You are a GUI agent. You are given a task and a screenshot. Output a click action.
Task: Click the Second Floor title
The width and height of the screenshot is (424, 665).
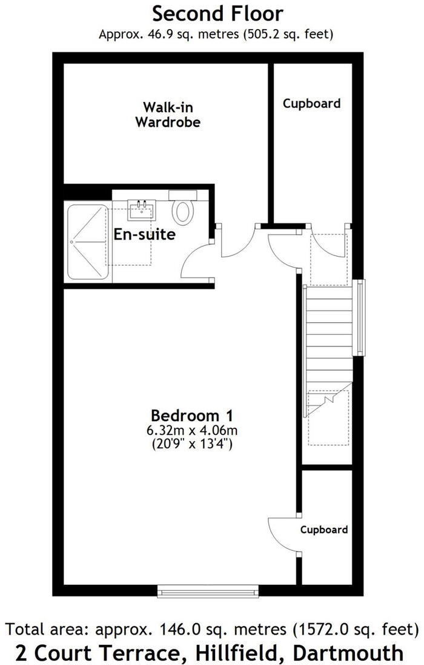[217, 13]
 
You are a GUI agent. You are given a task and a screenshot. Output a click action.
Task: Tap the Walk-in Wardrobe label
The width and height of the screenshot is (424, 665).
[168, 115]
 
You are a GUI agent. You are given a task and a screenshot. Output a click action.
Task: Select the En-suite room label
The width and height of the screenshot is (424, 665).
[145, 234]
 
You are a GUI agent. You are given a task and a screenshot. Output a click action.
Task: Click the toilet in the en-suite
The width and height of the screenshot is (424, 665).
[183, 212]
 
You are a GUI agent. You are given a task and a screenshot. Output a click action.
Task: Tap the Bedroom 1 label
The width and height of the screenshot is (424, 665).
[192, 416]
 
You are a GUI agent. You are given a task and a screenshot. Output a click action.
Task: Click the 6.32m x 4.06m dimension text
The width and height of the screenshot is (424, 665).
[191, 431]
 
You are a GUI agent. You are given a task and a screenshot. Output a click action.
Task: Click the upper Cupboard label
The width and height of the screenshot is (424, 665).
[311, 104]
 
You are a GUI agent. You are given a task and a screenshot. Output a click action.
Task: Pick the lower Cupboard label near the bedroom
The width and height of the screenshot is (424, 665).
[324, 530]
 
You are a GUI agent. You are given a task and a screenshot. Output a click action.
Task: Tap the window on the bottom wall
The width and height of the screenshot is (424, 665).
[208, 590]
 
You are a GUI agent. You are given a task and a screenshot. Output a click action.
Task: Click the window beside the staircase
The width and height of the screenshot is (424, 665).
[360, 317]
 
